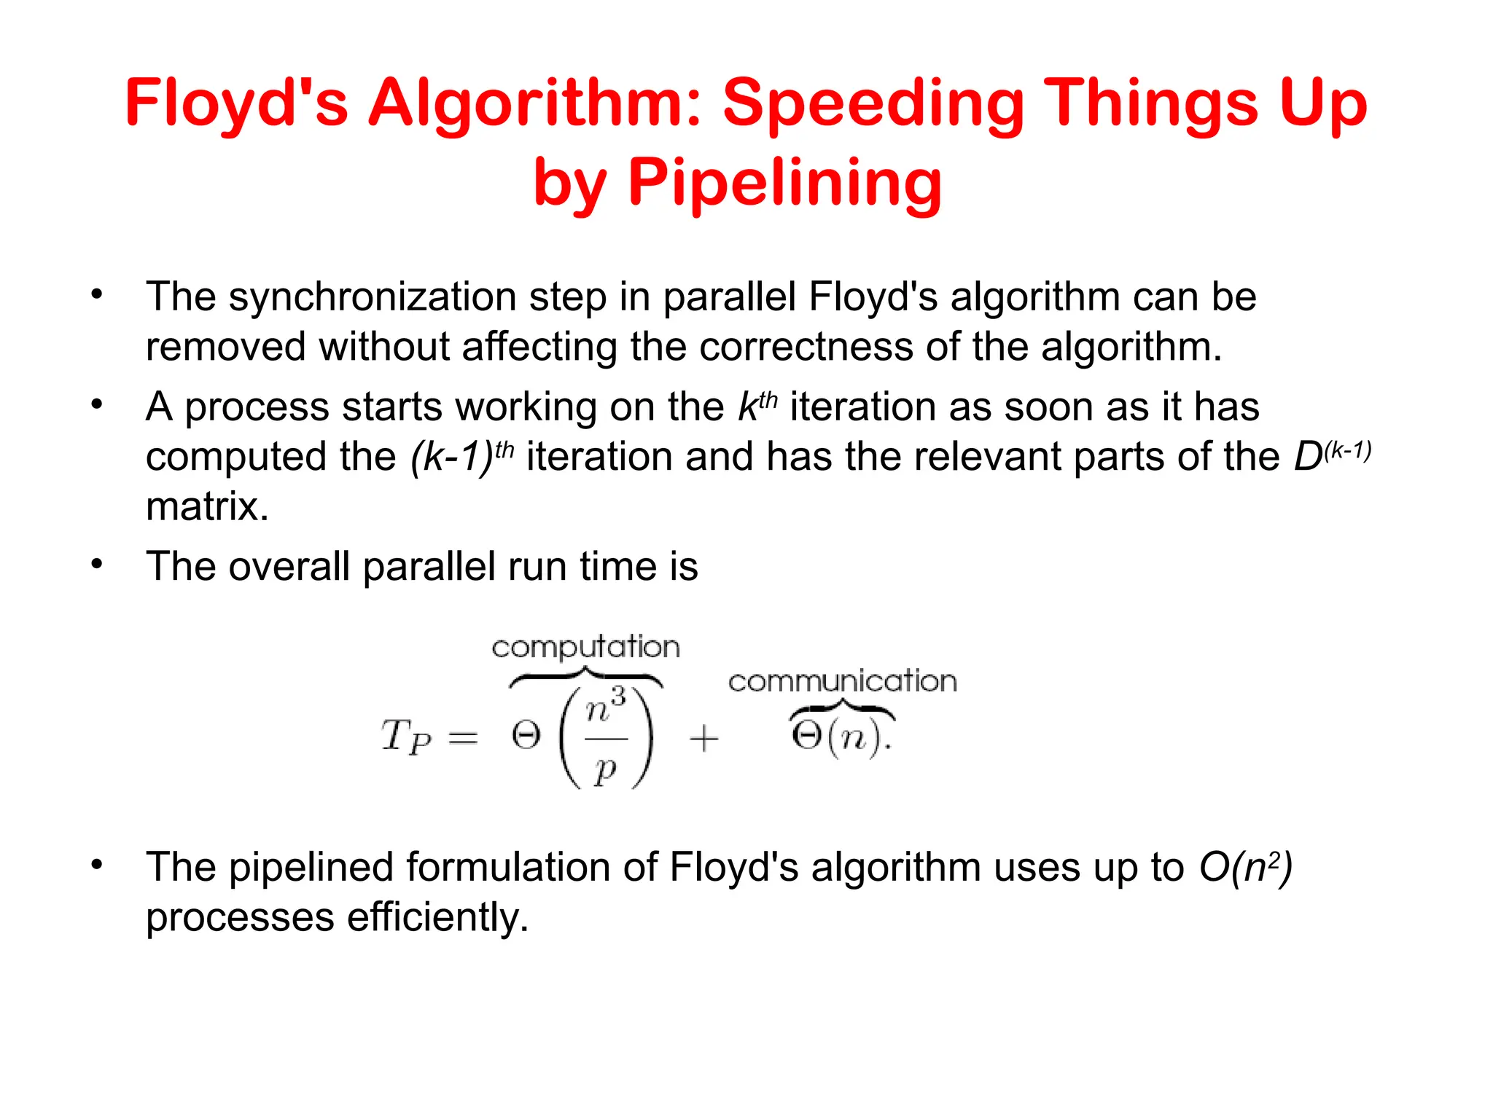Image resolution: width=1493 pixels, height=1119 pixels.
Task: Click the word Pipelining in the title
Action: pos(785,182)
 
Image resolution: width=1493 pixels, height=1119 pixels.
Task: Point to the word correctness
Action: pos(806,347)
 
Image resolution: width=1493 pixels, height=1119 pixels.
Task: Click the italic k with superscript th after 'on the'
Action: pos(757,407)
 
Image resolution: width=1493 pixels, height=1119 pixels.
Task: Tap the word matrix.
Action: pos(207,506)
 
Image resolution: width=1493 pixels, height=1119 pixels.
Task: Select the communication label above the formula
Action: pos(842,682)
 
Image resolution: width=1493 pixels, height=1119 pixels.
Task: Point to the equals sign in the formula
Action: pos(463,739)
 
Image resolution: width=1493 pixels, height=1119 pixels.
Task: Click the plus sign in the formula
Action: pos(703,739)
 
